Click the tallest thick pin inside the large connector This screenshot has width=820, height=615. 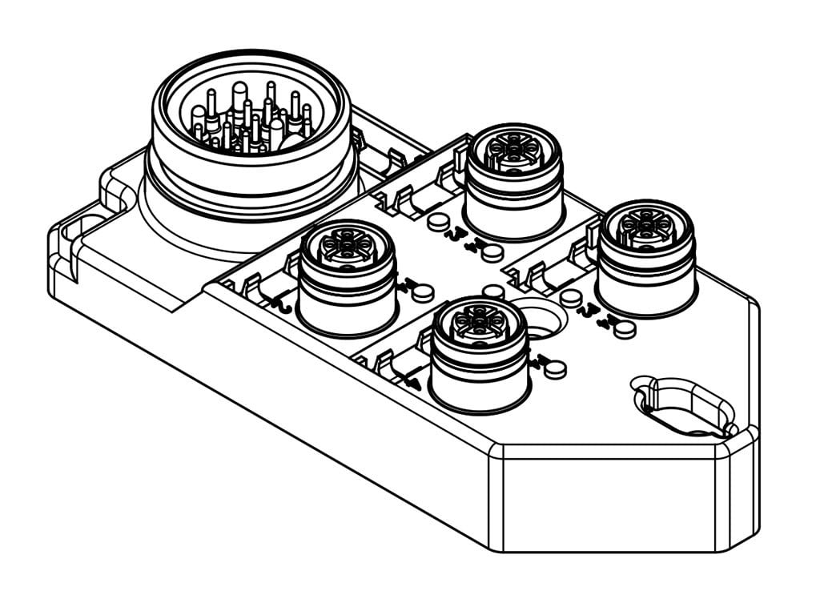(239, 100)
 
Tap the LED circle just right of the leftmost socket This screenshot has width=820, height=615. (424, 292)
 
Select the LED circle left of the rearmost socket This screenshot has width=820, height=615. (437, 222)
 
